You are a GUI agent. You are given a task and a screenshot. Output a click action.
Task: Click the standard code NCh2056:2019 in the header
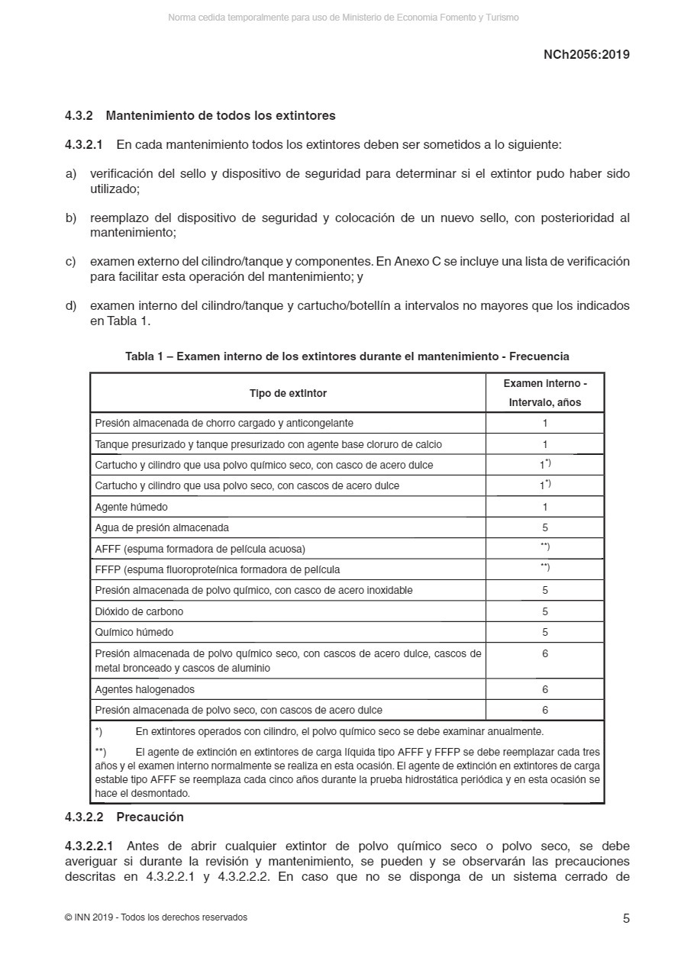[586, 55]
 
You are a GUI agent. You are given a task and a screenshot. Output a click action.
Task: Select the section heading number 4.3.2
[79, 116]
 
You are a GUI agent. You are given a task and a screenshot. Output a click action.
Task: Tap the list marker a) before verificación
[71, 174]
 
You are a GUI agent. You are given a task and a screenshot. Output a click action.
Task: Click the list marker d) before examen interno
[71, 306]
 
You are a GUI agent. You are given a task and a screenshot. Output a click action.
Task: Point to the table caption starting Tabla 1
[347, 356]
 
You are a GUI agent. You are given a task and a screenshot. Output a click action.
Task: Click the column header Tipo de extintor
[288, 393]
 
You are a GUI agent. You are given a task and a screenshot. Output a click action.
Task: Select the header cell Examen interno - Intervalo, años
[544, 393]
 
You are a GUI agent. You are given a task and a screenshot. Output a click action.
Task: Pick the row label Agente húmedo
[131, 507]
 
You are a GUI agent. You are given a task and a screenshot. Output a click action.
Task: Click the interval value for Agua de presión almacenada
[545, 527]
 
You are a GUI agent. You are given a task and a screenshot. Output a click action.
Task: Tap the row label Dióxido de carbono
[139, 611]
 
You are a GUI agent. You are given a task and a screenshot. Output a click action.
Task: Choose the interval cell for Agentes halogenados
[545, 689]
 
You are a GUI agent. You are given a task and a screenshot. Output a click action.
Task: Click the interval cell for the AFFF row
[545, 547]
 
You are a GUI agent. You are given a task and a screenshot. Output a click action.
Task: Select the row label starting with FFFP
[218, 569]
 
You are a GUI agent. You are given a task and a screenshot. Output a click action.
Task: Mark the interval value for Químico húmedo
[545, 632]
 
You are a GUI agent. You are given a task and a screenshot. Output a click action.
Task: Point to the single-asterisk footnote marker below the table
[98, 731]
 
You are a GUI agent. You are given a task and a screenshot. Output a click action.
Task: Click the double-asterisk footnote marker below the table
[100, 752]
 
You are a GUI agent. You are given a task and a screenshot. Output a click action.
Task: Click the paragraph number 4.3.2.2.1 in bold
[89, 846]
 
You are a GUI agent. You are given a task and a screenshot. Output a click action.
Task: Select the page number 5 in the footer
[626, 918]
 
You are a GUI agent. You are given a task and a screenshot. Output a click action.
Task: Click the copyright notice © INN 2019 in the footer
[156, 917]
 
